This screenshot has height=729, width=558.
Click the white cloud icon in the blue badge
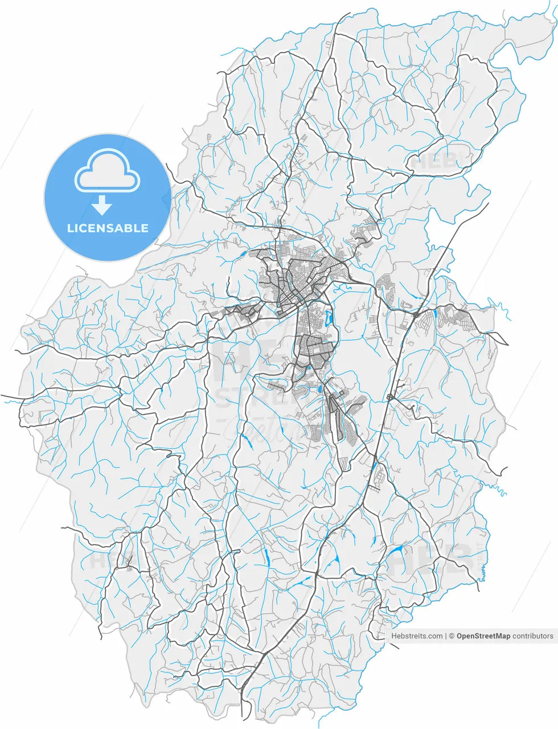(x=108, y=170)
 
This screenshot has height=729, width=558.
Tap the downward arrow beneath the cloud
(x=102, y=204)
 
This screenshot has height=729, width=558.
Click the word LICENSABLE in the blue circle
(x=108, y=228)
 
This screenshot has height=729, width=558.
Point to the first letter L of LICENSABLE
(x=69, y=228)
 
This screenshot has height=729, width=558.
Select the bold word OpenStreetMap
(x=483, y=636)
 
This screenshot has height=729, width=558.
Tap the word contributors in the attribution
(x=532, y=636)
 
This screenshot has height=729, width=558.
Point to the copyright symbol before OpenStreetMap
(x=452, y=636)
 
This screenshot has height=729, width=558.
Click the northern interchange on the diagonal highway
(x=416, y=314)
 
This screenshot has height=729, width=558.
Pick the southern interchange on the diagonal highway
(x=391, y=397)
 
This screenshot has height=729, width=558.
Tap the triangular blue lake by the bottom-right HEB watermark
(x=396, y=550)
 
